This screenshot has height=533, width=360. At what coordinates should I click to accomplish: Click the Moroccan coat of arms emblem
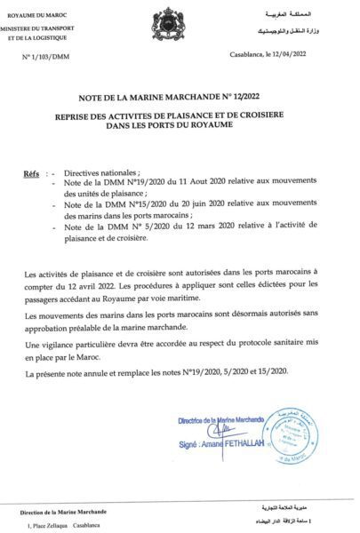(168, 20)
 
